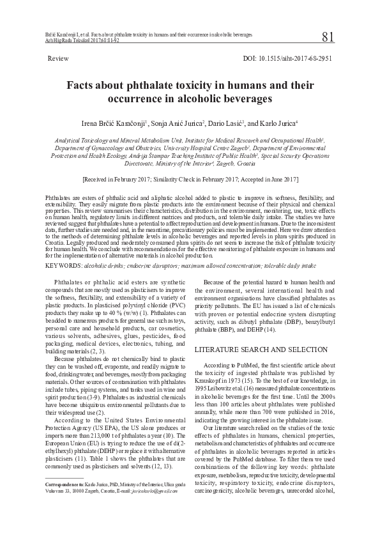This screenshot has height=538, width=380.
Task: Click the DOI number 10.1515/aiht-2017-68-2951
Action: tap(296, 58)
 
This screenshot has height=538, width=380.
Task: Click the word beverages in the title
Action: tap(241, 99)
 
